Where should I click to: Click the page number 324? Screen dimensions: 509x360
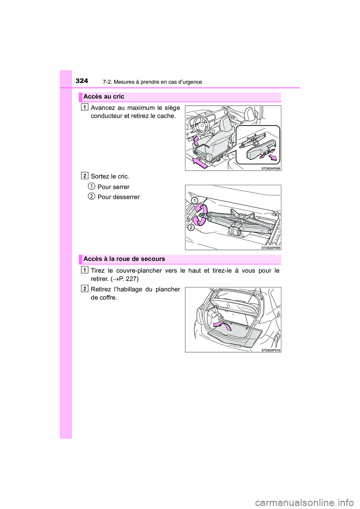tap(82, 81)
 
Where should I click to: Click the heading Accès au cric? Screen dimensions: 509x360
tap(104, 97)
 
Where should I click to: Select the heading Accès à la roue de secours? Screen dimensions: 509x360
tap(124, 259)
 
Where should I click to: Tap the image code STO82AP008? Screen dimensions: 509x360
tap(270, 168)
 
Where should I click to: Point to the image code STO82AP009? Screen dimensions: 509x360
tap(270, 248)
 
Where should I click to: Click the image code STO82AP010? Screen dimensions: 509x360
tap(270, 350)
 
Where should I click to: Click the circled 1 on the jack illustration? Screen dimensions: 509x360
tap(194, 201)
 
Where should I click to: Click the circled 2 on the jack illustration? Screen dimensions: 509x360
tap(190, 228)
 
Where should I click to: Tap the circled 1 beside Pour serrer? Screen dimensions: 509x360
tap(91, 186)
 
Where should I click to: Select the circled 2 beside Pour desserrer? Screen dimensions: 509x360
tap(91, 196)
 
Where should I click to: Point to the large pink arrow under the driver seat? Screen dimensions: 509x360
tap(200, 162)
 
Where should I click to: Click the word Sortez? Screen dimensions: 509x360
tap(99, 177)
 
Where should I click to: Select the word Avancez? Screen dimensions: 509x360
tap(103, 108)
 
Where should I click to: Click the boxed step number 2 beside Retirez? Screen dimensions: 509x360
tap(85, 288)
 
